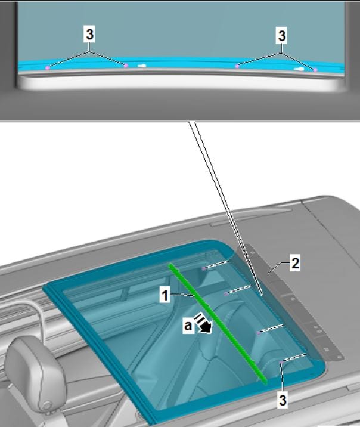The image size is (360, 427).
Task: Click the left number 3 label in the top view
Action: point(90,35)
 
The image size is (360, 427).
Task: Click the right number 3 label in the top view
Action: point(282,35)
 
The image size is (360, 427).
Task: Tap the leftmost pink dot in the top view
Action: point(48,67)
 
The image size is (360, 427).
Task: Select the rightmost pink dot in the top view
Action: point(315,70)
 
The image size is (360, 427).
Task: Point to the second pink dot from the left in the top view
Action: point(126,66)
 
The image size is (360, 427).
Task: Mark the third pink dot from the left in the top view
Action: point(237,66)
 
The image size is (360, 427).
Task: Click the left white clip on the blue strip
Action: point(142,66)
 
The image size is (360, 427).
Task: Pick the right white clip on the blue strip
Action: point(299,69)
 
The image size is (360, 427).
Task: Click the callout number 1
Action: point(165,295)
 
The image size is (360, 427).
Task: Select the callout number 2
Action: point(295,264)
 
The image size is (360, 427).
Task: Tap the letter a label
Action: point(188,325)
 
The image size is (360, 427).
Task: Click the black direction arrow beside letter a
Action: point(204,323)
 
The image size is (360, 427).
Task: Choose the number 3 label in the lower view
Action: point(283,400)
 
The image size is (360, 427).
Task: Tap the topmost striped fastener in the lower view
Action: point(215,265)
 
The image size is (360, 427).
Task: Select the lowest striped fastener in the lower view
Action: point(294,358)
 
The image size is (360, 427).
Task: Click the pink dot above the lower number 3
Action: point(282,363)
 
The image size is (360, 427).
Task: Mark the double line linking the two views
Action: point(226,208)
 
